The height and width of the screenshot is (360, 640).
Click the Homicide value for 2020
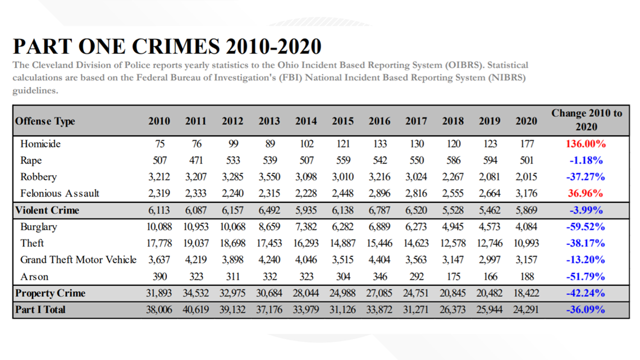point(527,144)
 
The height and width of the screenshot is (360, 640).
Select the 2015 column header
point(342,121)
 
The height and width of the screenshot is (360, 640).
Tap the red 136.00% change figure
point(586,144)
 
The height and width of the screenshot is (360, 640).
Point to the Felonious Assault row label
point(60,193)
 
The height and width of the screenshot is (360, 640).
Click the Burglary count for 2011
point(196,227)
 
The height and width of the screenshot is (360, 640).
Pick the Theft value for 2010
point(159,243)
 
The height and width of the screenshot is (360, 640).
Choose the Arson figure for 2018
point(453,277)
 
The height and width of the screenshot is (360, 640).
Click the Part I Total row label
point(40,310)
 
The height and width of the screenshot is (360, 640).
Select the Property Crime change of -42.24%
point(586,293)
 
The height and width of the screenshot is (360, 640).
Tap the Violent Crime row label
point(47,210)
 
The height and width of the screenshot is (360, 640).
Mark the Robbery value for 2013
point(269,177)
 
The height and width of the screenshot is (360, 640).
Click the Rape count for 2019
point(490,161)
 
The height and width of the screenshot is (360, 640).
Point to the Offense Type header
point(45,121)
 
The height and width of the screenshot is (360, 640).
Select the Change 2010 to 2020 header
point(587,120)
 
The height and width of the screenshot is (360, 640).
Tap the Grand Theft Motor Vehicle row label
point(79,260)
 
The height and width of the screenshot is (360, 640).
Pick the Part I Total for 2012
point(232,310)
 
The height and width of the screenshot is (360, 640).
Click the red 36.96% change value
point(586,193)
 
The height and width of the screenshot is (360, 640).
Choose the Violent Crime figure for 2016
point(380,210)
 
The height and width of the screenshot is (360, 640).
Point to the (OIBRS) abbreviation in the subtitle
point(464,65)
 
